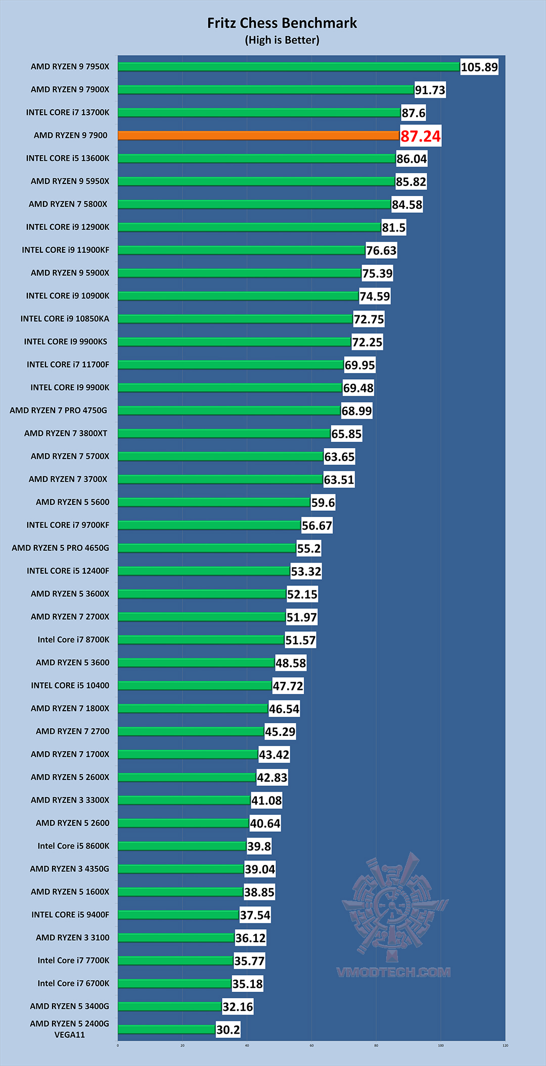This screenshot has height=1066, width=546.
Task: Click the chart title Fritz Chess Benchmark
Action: [282, 23]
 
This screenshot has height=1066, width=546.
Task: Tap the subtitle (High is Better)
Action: [282, 40]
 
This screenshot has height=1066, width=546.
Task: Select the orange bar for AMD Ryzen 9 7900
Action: [258, 135]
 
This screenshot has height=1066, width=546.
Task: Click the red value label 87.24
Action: [420, 136]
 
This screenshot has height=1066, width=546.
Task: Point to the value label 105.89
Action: [479, 67]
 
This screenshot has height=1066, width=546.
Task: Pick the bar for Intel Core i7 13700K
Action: [259, 112]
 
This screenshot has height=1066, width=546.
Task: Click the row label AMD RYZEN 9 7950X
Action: [70, 67]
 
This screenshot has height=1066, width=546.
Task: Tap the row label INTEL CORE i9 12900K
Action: [68, 227]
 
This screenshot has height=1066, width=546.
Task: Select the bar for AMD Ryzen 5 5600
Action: [214, 502]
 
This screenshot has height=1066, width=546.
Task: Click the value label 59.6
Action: [323, 503]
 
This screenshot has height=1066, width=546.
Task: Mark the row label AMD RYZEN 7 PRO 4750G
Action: [59, 410]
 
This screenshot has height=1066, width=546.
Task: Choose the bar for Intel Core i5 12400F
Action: [204, 571]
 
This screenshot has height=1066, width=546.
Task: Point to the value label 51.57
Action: [300, 640]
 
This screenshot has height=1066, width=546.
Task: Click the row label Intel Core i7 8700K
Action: [73, 640]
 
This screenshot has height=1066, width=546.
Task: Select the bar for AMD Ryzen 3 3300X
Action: [184, 800]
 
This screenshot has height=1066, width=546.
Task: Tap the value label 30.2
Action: [228, 1030]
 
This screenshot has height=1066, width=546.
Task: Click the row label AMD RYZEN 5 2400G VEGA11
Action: [70, 1029]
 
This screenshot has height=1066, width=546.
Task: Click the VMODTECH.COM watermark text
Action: [393, 972]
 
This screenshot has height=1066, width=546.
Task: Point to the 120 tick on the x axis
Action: [505, 1045]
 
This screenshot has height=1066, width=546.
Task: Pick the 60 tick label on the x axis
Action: [311, 1045]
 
